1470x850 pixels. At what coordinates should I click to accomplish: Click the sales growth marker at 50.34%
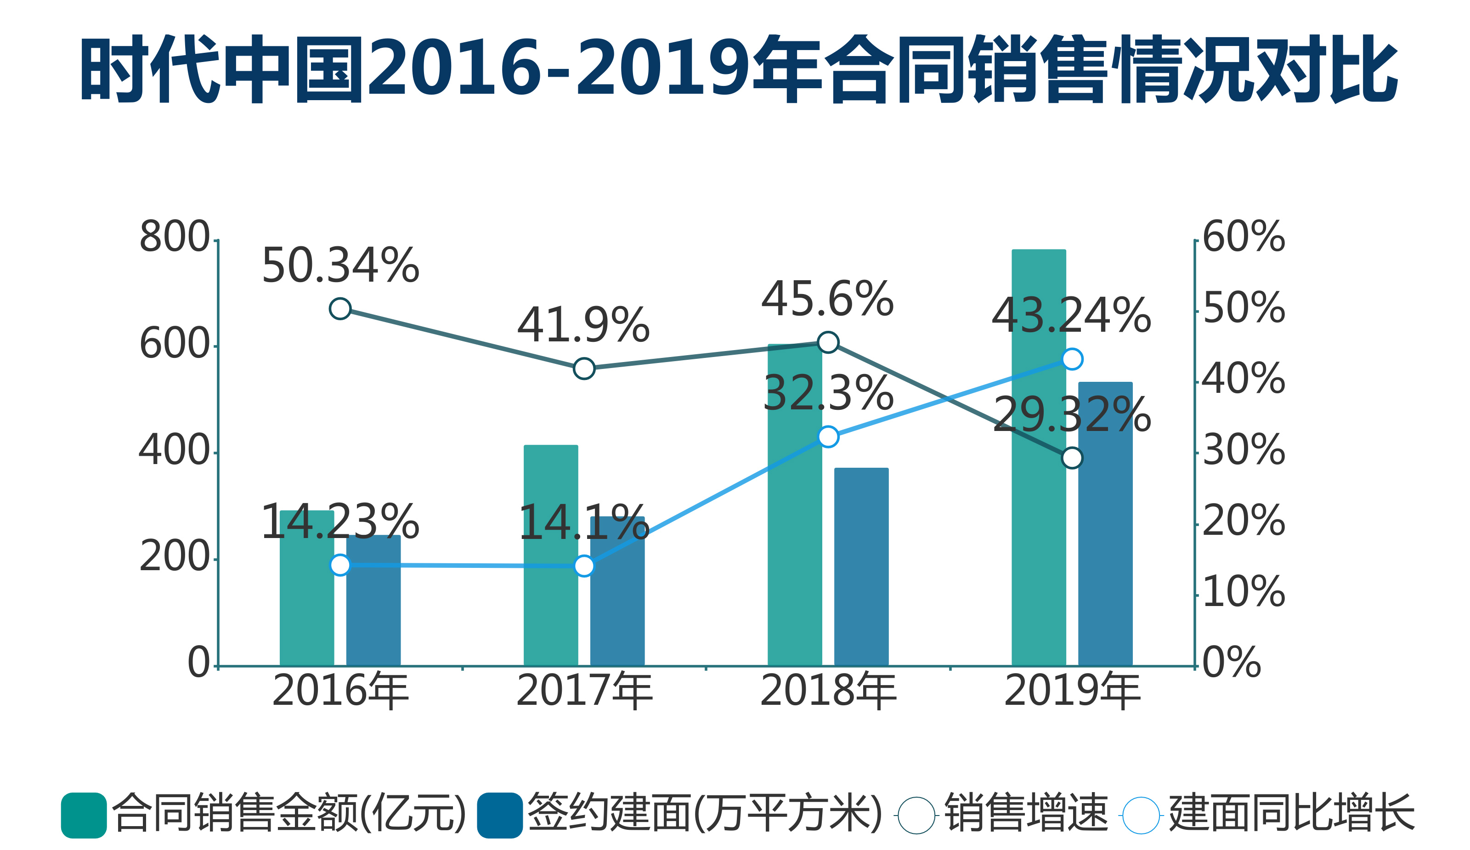(340, 308)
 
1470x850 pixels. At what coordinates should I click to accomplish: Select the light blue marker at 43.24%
(1072, 359)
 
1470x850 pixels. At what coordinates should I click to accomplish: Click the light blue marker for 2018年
(828, 436)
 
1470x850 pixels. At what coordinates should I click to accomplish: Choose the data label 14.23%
(340, 521)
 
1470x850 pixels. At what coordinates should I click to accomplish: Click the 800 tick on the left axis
(174, 238)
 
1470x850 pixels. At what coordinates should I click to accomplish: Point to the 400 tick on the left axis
(174, 451)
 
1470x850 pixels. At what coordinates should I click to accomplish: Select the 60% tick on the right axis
(1244, 238)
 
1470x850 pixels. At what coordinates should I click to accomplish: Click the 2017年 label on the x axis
(584, 691)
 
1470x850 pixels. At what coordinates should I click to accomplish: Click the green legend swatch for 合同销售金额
(84, 815)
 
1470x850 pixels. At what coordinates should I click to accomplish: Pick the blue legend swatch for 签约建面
(499, 815)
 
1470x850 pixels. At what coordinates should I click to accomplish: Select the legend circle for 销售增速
(916, 815)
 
